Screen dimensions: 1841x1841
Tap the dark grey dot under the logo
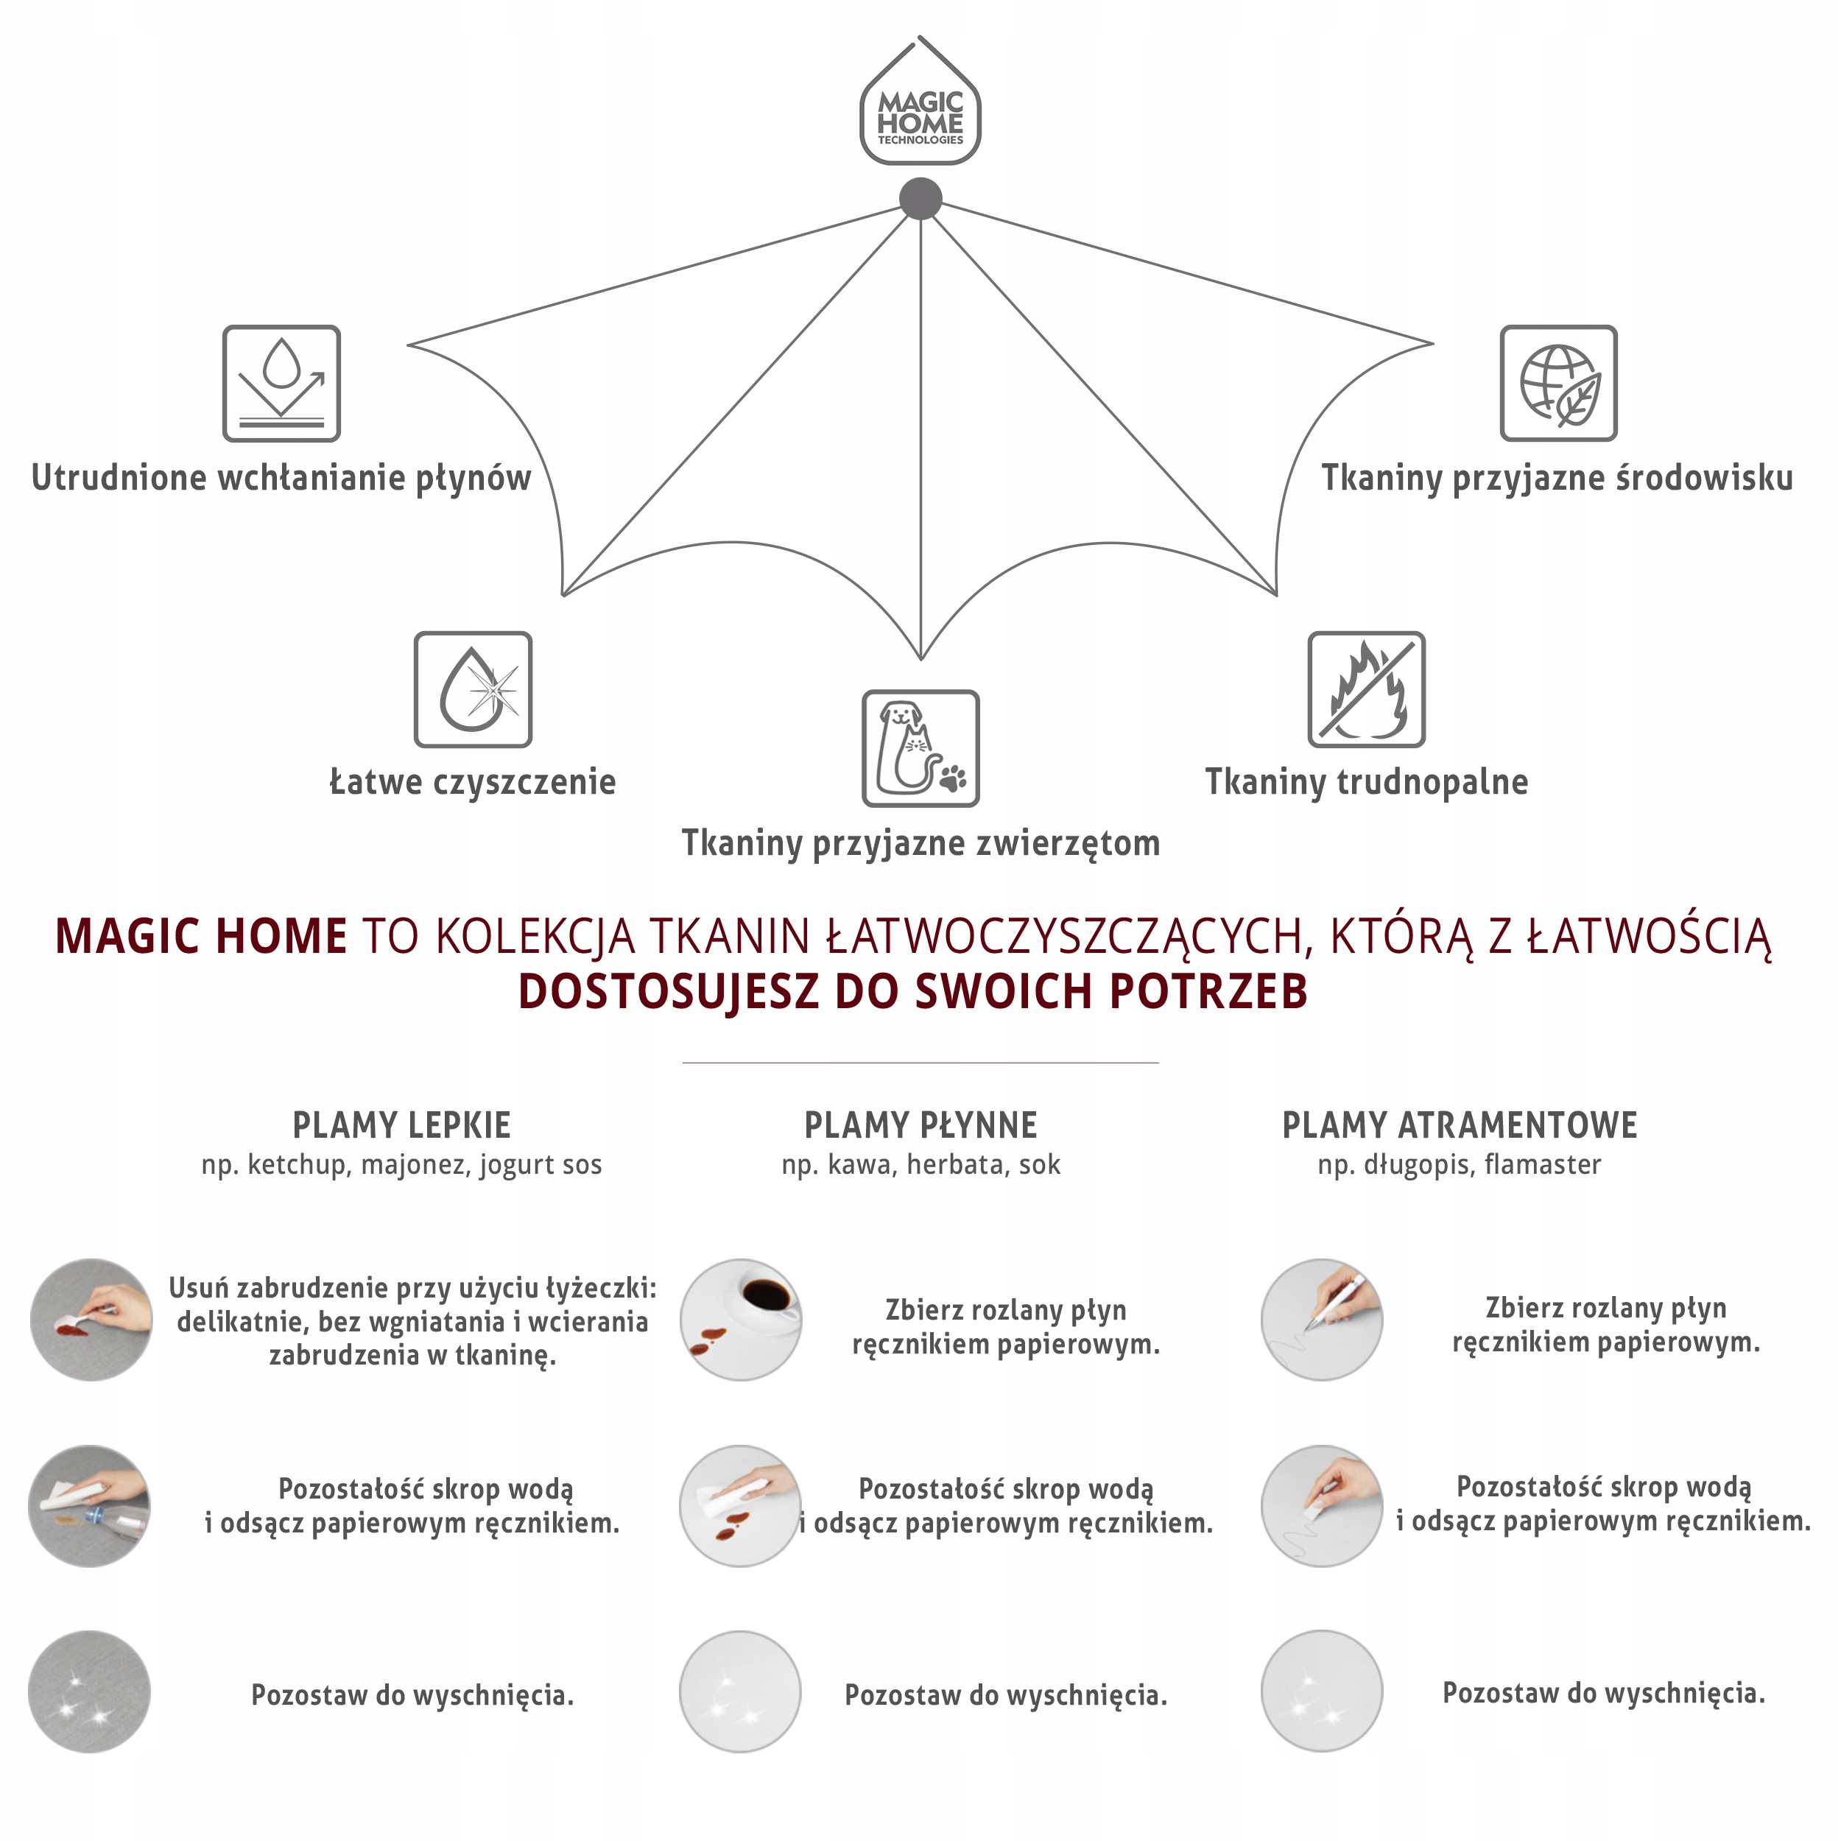coord(921,198)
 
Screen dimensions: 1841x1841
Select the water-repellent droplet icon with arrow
coord(281,383)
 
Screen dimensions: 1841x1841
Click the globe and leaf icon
coord(1558,383)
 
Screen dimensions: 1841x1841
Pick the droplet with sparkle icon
coord(473,689)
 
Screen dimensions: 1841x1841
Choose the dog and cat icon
coord(921,748)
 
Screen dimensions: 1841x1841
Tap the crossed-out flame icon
coord(1367,689)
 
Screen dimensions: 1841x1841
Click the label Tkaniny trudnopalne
coord(1367,781)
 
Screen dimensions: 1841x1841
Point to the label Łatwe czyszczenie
coord(473,781)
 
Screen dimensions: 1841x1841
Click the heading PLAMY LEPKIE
coord(401,1125)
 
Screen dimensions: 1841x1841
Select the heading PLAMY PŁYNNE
coord(921,1125)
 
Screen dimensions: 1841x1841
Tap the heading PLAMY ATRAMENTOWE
coord(1459,1125)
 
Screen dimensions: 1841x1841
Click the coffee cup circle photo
coord(740,1320)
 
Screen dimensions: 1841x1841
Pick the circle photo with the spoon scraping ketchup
coord(91,1320)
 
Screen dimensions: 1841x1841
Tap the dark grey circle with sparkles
coord(90,1692)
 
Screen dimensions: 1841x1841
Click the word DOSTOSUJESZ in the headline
coord(667,992)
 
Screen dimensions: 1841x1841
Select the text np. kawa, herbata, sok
coord(921,1164)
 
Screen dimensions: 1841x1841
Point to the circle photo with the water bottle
coord(90,1507)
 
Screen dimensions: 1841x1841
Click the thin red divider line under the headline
coord(920,1062)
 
